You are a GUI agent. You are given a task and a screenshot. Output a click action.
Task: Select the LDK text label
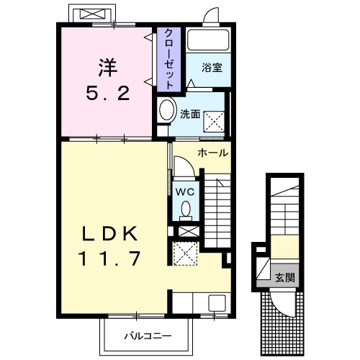tap(107, 235)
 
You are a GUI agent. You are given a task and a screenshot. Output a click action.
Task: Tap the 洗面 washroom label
tap(190, 113)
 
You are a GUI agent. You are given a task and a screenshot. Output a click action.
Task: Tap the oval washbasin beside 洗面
tap(167, 112)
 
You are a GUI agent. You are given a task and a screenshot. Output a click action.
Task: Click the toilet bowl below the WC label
tap(185, 210)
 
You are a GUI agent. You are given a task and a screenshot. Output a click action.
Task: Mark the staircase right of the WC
tap(215, 209)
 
